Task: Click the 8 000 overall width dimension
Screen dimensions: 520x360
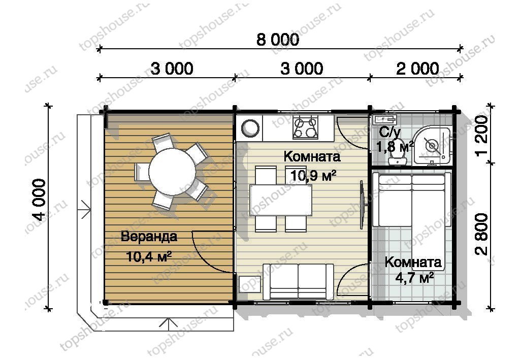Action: (278, 40)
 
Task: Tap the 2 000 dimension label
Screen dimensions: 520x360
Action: (417, 69)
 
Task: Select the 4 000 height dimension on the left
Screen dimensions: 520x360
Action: (40, 200)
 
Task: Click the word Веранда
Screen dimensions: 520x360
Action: (149, 237)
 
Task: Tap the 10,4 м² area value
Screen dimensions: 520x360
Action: (149, 256)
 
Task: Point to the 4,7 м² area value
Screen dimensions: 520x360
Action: (414, 278)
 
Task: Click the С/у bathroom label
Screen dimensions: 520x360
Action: (389, 132)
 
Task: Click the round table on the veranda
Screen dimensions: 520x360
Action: (172, 172)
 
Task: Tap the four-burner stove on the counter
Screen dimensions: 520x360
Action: (305, 127)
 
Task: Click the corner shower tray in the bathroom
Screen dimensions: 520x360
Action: (432, 146)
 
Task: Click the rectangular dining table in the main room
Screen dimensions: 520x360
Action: (281, 200)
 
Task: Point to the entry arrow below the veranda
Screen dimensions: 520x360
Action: (169, 324)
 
